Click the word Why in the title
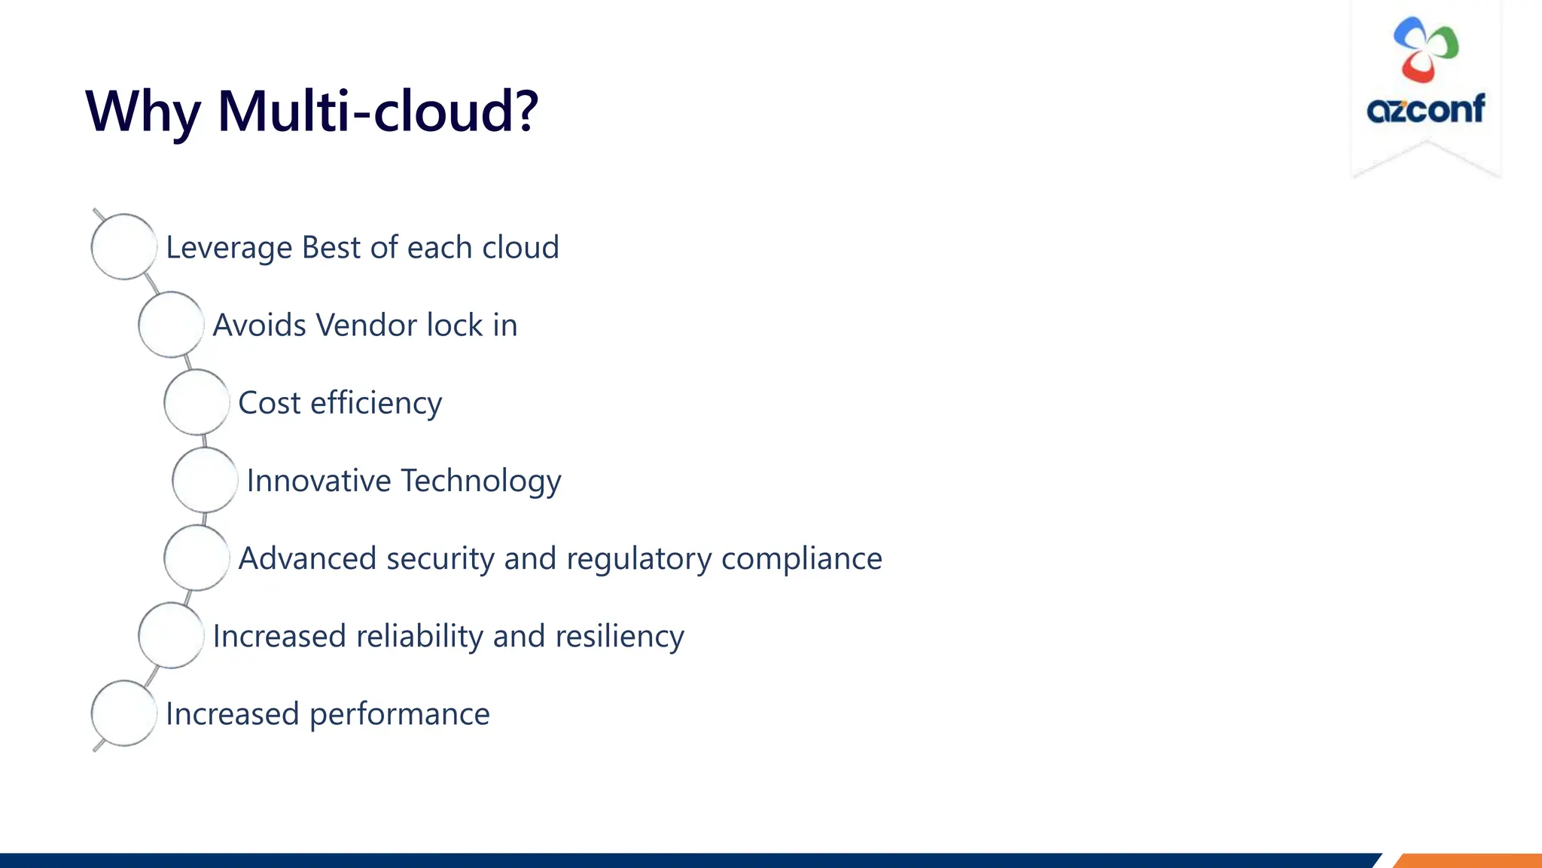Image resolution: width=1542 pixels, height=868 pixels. pyautogui.click(x=143, y=112)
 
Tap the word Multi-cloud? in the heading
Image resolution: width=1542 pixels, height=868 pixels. pyautogui.click(x=378, y=112)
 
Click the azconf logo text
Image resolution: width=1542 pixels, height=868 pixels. pyautogui.click(x=1425, y=110)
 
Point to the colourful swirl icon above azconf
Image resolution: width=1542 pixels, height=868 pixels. pyautogui.click(x=1425, y=50)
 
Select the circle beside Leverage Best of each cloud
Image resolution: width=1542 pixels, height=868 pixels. pyautogui.click(x=123, y=247)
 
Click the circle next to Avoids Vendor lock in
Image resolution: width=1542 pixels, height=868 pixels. pyautogui.click(x=171, y=325)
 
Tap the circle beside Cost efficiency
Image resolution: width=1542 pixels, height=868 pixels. pyautogui.click(x=197, y=402)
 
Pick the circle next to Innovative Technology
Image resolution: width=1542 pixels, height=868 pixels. pyautogui.click(x=205, y=480)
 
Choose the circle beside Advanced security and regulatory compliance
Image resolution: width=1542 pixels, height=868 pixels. pyautogui.click(x=197, y=558)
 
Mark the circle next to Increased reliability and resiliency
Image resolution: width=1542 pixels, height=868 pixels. pyautogui.click(x=171, y=636)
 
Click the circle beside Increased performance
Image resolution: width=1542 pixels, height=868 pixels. pyautogui.click(x=123, y=714)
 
